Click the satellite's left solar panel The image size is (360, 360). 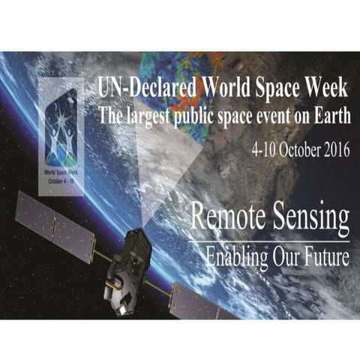(x=55, y=224)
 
